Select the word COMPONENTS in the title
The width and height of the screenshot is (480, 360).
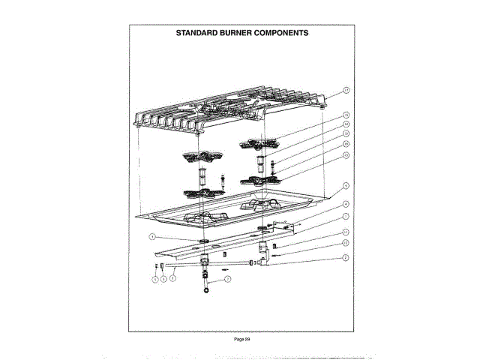tap(281, 33)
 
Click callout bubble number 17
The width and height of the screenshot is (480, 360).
tap(346, 90)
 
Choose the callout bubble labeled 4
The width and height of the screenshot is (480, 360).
tap(346, 204)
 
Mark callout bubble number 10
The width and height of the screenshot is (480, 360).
tap(346, 232)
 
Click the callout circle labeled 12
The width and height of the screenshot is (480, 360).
tap(346, 243)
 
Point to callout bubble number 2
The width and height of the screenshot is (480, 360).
tap(346, 258)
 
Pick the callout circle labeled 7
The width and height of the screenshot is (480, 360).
tap(228, 278)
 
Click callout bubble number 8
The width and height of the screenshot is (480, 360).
tap(172, 278)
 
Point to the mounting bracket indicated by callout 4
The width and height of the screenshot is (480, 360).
tap(285, 227)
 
